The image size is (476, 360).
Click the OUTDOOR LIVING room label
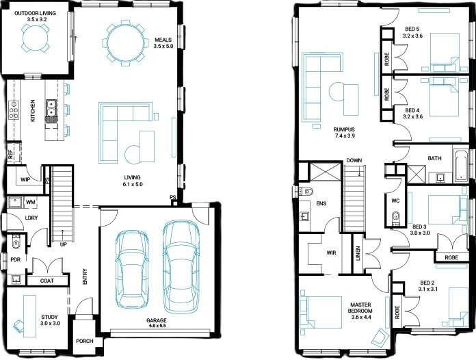[35, 14]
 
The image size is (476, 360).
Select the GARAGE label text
[157, 320]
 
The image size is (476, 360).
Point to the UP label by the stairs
[64, 244]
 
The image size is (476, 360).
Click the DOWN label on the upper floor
[354, 160]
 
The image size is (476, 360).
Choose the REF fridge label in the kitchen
[11, 155]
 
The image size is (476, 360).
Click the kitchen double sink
[51, 108]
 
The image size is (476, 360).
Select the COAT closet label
[47, 281]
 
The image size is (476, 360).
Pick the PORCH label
[85, 341]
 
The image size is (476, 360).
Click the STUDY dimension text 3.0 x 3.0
[50, 323]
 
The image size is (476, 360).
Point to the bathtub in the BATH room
[461, 166]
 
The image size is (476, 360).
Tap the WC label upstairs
[395, 201]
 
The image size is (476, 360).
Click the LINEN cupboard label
[358, 253]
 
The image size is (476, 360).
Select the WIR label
[331, 253]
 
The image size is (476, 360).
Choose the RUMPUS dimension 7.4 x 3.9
[345, 136]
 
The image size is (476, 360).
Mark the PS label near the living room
[173, 197]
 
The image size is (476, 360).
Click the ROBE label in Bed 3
[451, 257]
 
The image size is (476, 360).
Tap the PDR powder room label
[15, 259]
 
